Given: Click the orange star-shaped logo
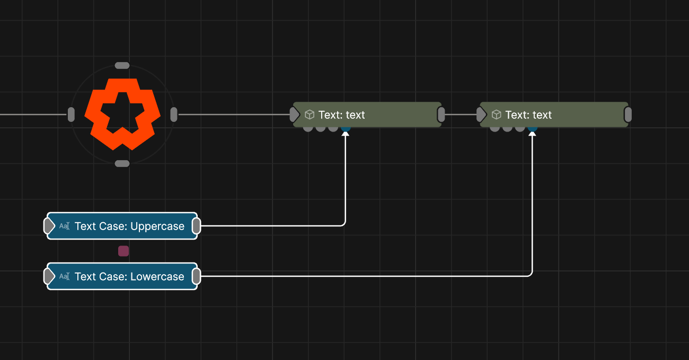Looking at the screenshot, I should pos(122,114).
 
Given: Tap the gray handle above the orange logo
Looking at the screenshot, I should pos(122,65).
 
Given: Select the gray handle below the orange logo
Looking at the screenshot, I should pos(122,163).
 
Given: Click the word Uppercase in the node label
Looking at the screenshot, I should pos(157,226).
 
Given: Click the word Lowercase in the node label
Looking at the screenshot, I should pos(157,277).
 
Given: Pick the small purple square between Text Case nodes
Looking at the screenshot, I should pos(123,251).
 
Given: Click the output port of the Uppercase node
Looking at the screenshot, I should pos(196,226).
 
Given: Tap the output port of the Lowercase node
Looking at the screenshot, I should pos(196,276).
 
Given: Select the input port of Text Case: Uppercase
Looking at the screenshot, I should pos(49,226).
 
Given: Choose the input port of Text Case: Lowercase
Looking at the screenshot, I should pos(49,276).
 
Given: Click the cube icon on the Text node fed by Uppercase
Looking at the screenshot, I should pos(310,115).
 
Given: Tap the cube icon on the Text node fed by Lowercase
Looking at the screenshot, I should pos(497,115).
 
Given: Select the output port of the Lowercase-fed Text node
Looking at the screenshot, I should pos(628,115).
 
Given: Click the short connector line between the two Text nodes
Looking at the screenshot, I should pos(461,115).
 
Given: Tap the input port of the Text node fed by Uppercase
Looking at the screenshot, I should pos(294,115).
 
